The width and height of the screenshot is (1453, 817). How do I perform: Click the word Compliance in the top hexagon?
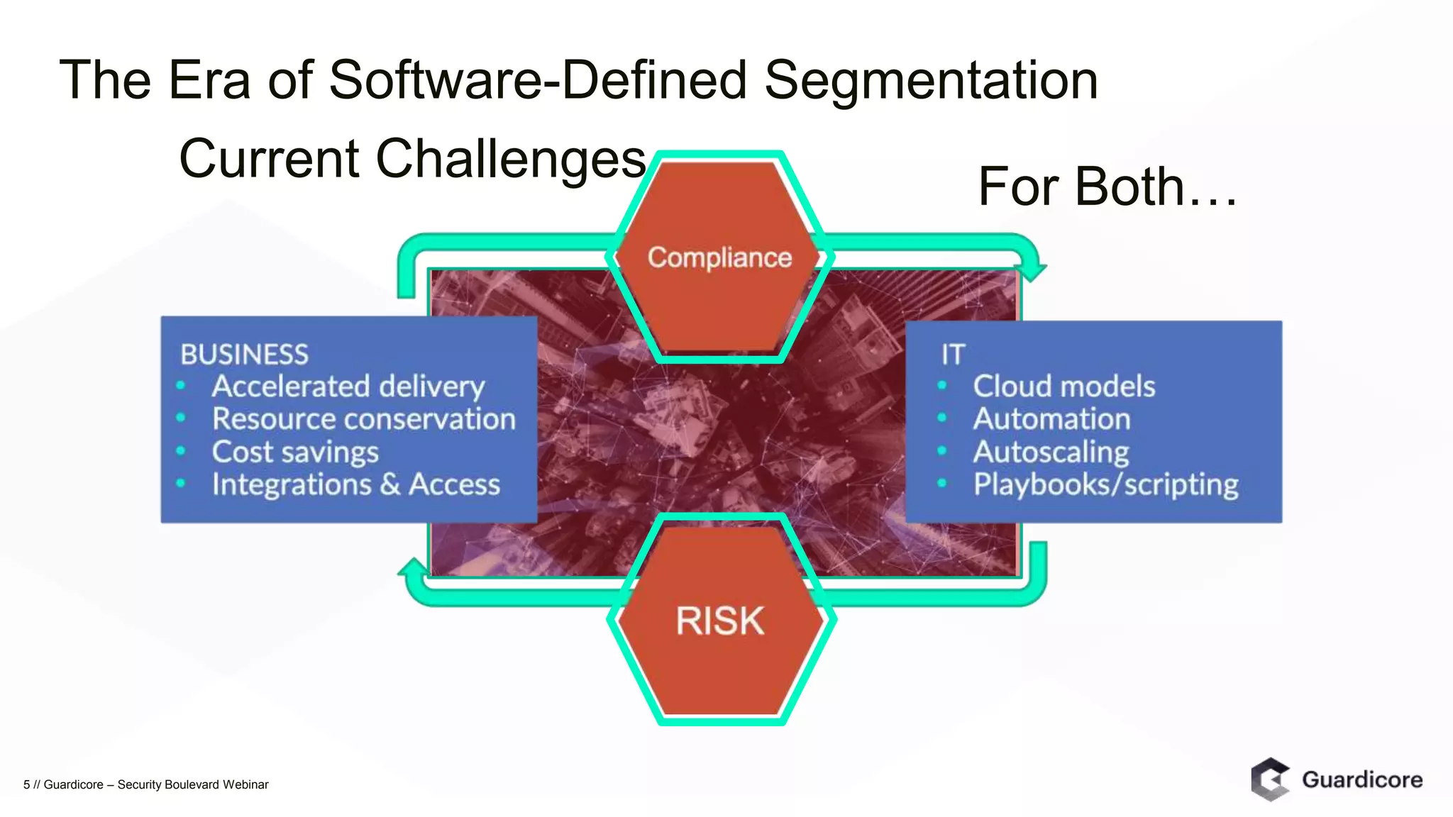719,257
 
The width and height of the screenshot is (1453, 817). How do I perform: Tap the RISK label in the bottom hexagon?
719,621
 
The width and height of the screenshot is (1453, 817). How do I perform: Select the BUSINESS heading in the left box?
244,354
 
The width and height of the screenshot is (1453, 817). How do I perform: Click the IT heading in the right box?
953,354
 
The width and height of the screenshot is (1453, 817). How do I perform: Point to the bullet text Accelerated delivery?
348,387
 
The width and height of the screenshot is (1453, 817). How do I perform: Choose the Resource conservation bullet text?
363,419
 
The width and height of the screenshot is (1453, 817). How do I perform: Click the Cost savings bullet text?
295,452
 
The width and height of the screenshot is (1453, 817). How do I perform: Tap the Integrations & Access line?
355,484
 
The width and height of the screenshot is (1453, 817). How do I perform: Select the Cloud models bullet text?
1063,387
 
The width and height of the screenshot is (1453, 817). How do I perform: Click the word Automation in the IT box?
1051,419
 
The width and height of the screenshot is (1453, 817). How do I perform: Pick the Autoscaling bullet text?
1051,452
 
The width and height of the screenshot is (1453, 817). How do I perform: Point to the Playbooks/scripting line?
1105,484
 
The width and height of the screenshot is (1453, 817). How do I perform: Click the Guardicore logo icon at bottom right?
1270,779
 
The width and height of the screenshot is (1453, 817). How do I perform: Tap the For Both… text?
1107,187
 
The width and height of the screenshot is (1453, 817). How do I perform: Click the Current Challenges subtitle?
412,158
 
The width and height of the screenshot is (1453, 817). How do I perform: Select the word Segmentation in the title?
931,79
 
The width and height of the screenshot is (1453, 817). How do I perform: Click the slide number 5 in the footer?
27,784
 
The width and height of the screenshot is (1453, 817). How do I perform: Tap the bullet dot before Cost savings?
181,451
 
